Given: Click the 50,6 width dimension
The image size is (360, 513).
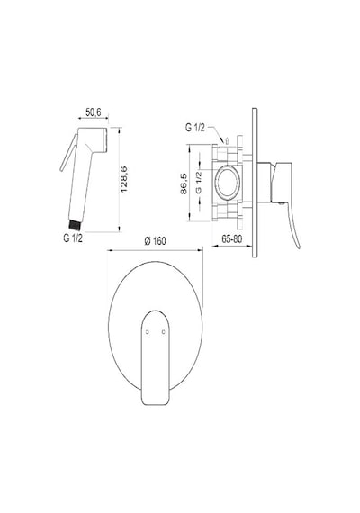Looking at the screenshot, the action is click(x=94, y=112).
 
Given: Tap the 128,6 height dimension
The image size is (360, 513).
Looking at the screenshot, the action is click(x=124, y=179).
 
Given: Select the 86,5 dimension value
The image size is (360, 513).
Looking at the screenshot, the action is click(x=184, y=184).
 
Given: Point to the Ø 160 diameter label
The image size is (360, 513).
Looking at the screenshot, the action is click(x=155, y=241).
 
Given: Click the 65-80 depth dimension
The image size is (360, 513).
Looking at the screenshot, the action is click(x=232, y=239).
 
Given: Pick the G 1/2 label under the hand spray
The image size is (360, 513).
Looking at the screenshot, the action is click(x=73, y=238).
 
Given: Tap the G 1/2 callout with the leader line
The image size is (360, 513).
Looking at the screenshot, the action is click(x=195, y=128).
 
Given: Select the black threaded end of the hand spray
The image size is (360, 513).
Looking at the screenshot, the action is click(x=75, y=224).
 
